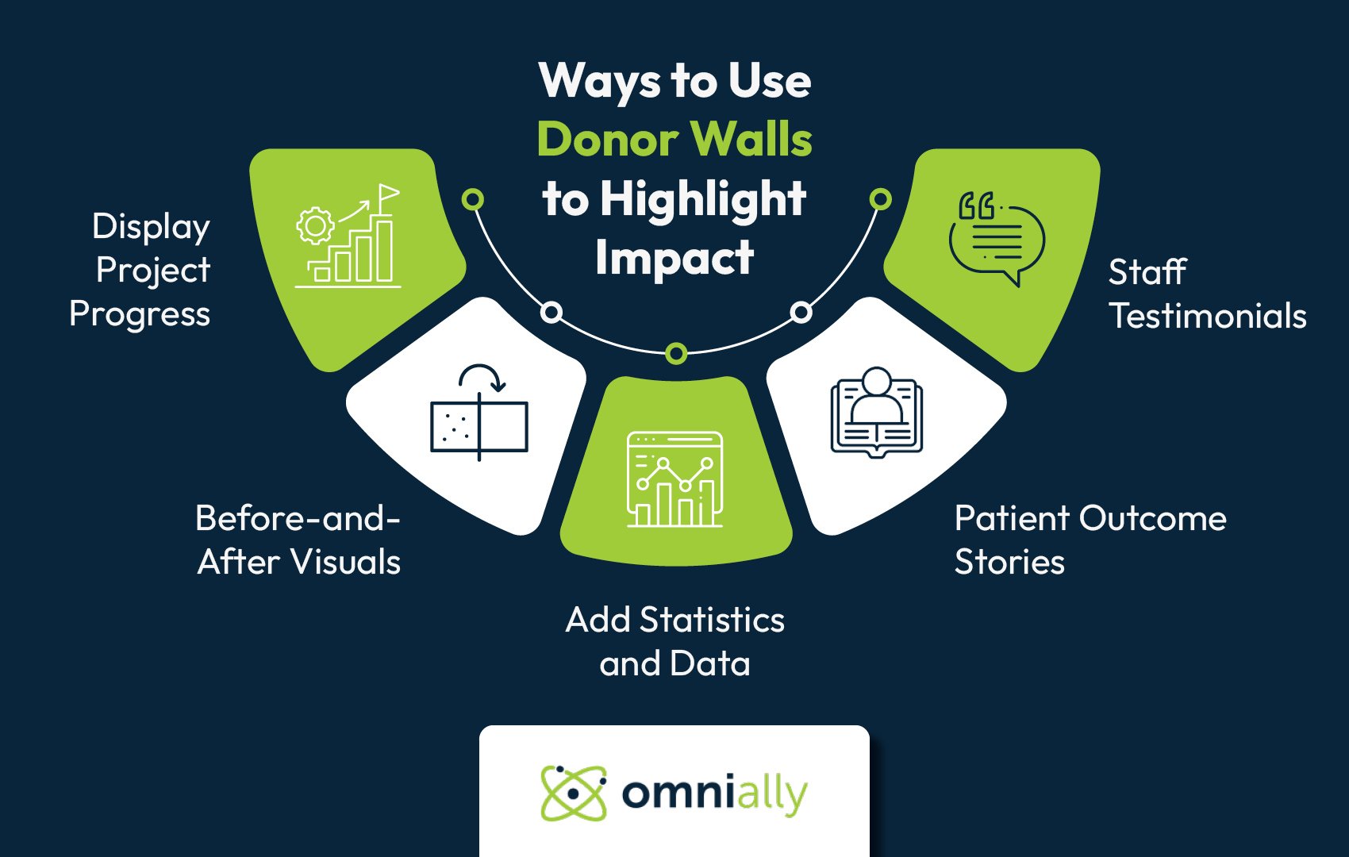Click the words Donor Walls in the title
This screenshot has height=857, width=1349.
(x=674, y=140)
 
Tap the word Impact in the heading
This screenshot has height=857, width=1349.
(x=674, y=257)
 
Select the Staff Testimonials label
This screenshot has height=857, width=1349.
(x=1206, y=294)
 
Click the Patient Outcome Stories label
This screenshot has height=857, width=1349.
(x=1090, y=540)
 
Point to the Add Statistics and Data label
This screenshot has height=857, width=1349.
(x=674, y=641)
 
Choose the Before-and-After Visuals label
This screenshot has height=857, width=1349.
(x=298, y=540)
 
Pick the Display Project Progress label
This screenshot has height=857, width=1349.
(x=140, y=270)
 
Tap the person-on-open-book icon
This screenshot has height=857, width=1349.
(x=876, y=411)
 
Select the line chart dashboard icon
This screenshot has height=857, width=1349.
(x=674, y=479)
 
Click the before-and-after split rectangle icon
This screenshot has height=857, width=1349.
(x=479, y=426)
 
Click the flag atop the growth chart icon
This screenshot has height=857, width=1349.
(x=388, y=194)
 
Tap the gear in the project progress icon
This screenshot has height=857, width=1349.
(x=315, y=225)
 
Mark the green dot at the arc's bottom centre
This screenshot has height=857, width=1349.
(x=675, y=353)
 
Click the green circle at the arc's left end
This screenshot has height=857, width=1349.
(x=473, y=199)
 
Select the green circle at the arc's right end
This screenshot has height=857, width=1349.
(x=880, y=199)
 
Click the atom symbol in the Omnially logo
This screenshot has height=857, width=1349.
(x=573, y=792)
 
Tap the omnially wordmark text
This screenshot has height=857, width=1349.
(x=714, y=793)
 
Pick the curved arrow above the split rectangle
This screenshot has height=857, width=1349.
(x=482, y=378)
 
